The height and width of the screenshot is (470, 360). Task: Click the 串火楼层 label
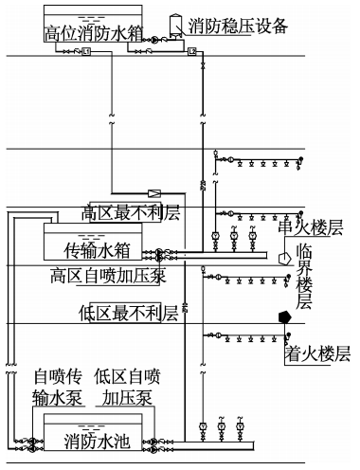309,227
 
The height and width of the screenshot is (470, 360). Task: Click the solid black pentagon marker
281,317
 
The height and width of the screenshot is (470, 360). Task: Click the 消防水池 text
96,441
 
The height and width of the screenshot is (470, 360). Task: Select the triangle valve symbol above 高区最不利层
158,189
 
